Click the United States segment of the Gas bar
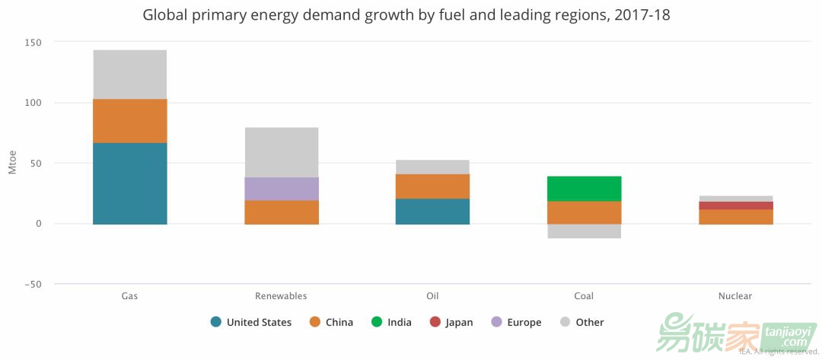[129, 183]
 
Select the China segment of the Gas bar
[129, 120]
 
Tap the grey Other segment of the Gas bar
[129, 74]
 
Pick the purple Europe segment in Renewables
[281, 189]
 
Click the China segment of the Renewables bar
[281, 212]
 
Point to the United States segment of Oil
[432, 211]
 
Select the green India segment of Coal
[584, 188]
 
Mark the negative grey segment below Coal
[584, 231]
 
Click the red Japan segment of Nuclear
[735, 205]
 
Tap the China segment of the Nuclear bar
[735, 216]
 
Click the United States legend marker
[216, 322]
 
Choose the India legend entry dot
[377, 322]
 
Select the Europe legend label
[524, 323]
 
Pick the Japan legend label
[459, 323]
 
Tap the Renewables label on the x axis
[281, 296]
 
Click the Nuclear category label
[735, 296]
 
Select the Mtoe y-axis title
[12, 163]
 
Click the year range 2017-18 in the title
[642, 14]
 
